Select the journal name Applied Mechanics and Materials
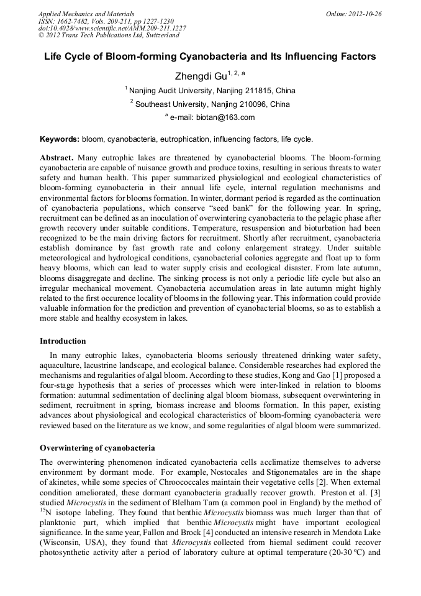tap(86, 13)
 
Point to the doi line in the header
tap(112, 28)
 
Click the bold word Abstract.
tap(57, 158)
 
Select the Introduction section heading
tap(63, 341)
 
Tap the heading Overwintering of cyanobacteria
tap(97, 447)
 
